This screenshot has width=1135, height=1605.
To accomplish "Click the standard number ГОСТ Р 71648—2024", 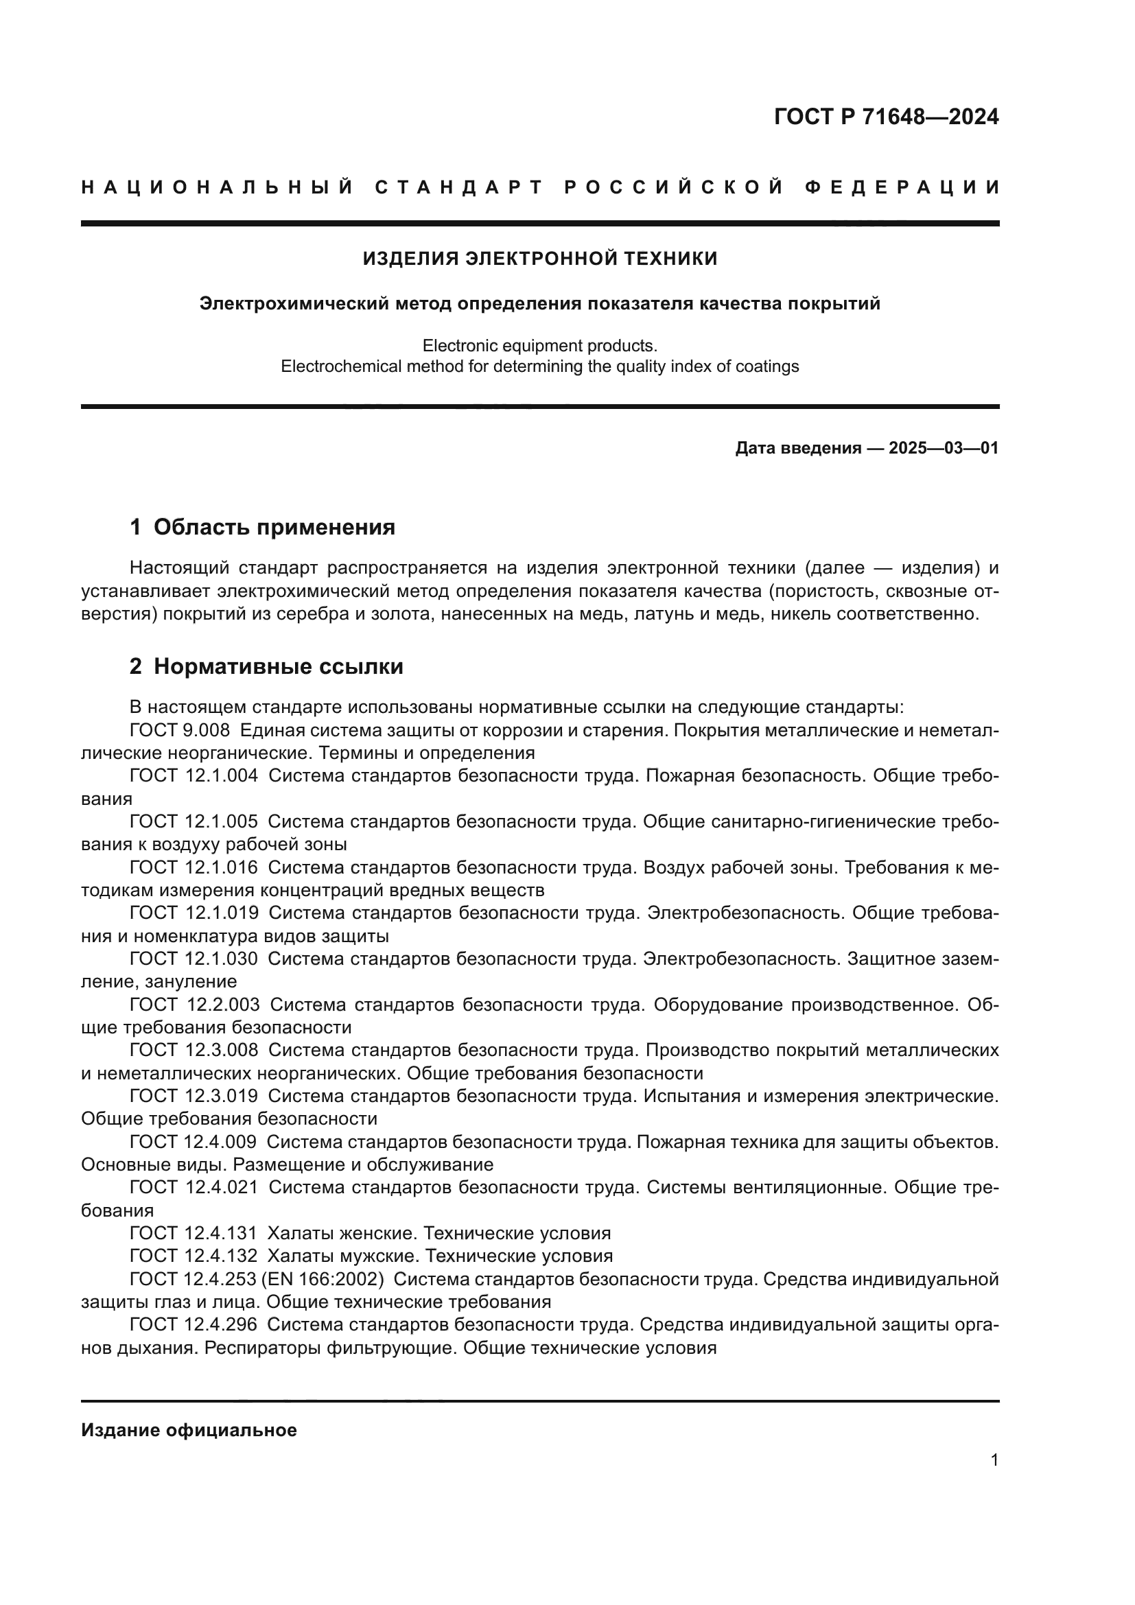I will [885, 117].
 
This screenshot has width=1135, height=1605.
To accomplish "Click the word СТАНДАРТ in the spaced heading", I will [459, 187].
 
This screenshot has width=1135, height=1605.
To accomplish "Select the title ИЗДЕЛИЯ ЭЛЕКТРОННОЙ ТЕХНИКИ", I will [539, 259].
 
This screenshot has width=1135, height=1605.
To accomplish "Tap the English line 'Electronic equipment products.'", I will [539, 345].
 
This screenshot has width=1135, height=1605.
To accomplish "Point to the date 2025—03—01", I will [943, 448].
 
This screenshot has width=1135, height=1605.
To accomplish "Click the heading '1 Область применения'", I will [262, 527].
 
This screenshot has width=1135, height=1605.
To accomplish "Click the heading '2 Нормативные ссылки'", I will [266, 666].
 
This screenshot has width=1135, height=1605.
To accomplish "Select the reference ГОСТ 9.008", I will [180, 731].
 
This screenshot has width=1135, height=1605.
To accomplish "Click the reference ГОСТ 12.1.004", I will [194, 776].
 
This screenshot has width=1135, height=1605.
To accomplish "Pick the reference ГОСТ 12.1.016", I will [194, 867].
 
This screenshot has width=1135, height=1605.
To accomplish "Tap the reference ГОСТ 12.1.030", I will [194, 959].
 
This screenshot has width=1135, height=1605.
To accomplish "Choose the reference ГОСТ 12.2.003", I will [194, 1005].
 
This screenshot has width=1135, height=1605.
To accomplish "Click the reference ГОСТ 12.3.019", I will [194, 1096].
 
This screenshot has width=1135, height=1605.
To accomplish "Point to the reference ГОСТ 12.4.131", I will [194, 1233].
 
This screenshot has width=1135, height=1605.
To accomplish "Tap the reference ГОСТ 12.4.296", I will [194, 1324].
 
